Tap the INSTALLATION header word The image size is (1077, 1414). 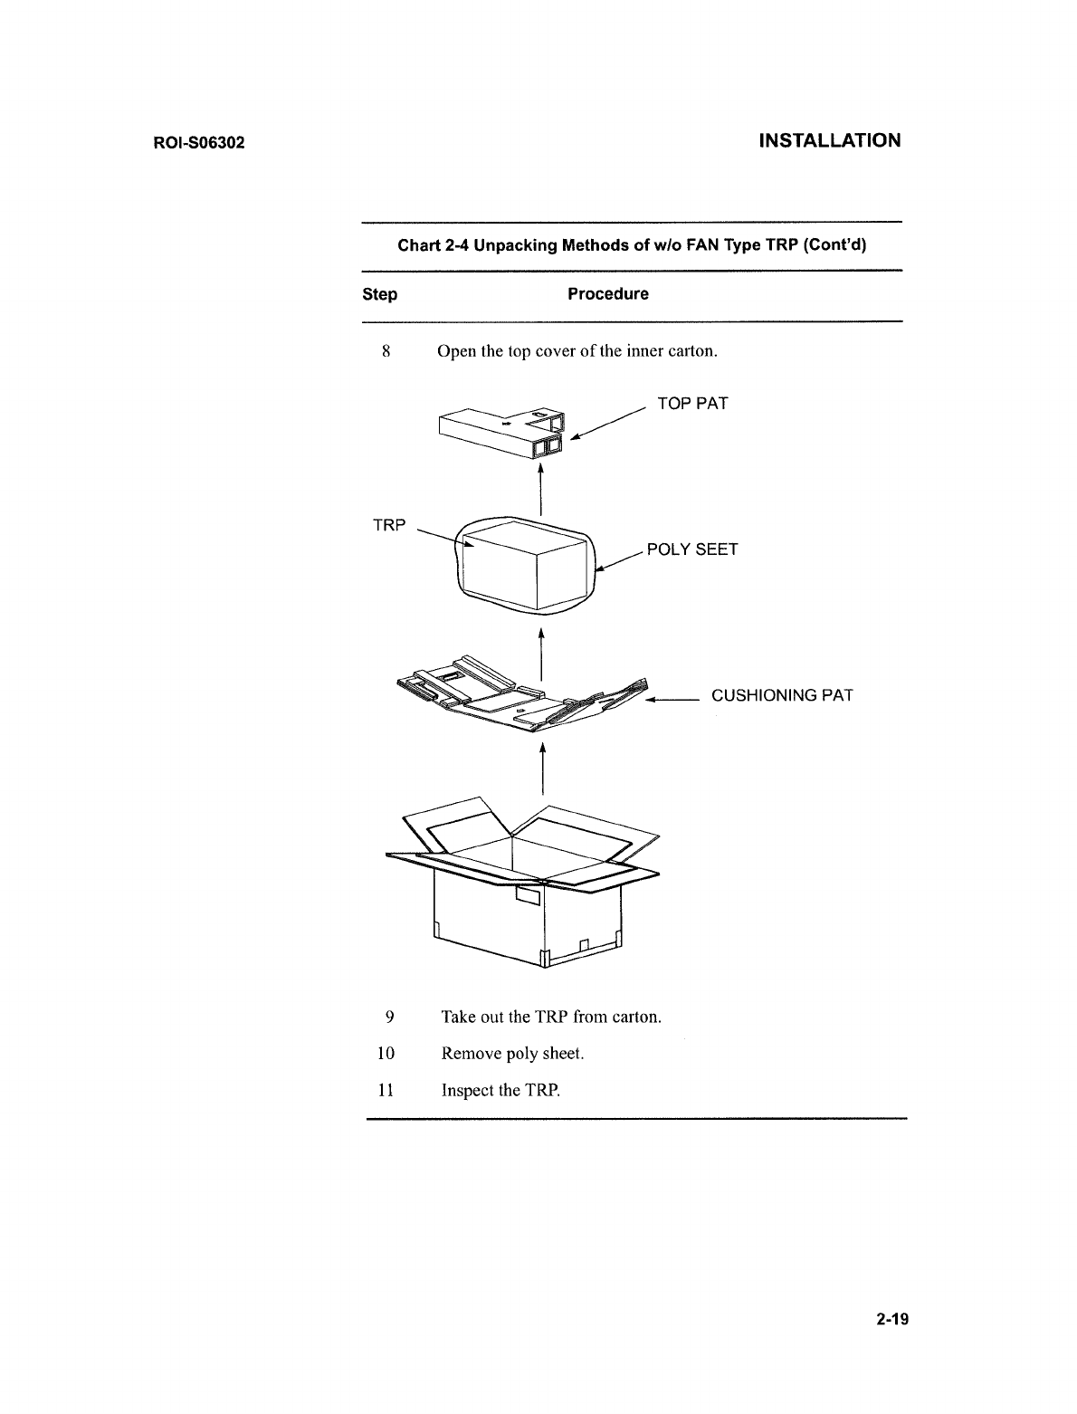click(829, 140)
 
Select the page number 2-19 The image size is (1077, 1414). click(891, 1318)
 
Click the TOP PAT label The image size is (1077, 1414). click(691, 404)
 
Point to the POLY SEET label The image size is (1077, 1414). click(692, 549)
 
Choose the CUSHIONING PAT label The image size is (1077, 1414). click(782, 696)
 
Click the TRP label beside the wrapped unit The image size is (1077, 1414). click(390, 525)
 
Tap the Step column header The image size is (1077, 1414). click(379, 294)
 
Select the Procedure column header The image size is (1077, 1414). click(607, 294)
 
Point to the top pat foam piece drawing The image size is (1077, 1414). click(500, 432)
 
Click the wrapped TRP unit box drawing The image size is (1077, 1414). click(525, 566)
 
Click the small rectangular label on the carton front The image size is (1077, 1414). click(527, 896)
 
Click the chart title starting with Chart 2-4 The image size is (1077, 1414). click(633, 245)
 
